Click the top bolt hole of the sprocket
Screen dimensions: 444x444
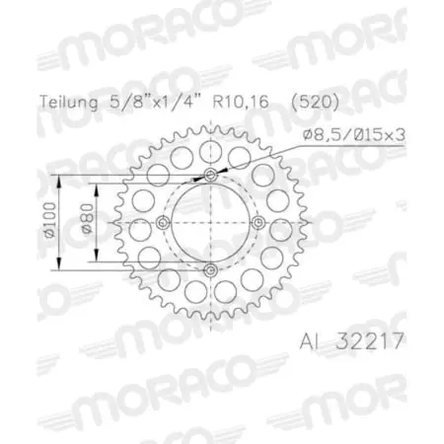210,176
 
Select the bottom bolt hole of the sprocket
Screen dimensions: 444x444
210,270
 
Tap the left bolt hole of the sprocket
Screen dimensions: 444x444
163,223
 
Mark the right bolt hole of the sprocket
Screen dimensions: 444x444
258,223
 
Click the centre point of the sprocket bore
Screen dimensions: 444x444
210,223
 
